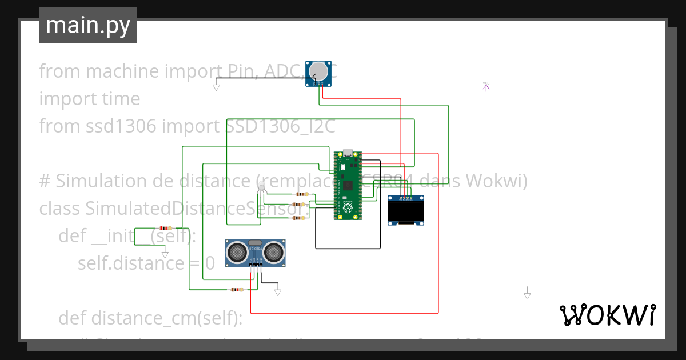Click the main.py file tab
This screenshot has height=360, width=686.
pyautogui.click(x=88, y=25)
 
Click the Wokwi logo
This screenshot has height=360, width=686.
pyautogui.click(x=607, y=315)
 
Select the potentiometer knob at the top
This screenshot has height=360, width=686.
pyautogui.click(x=318, y=71)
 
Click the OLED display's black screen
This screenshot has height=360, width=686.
pyautogui.click(x=406, y=213)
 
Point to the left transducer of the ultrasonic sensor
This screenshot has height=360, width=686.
pyautogui.click(x=236, y=251)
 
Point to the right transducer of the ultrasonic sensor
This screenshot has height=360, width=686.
pyautogui.click(x=275, y=251)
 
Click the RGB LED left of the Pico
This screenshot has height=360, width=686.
pyautogui.click(x=262, y=188)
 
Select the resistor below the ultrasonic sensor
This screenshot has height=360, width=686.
pyautogui.click(x=236, y=290)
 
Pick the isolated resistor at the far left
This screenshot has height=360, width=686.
pyautogui.click(x=166, y=227)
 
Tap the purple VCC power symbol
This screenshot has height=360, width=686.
pyautogui.click(x=486, y=87)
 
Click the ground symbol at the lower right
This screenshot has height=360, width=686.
pyautogui.click(x=527, y=294)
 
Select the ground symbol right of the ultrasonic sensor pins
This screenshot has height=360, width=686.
pyautogui.click(x=278, y=291)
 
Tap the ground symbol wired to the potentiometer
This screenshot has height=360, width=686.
pyautogui.click(x=216, y=86)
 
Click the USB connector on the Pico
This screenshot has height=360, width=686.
pyautogui.click(x=348, y=153)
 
